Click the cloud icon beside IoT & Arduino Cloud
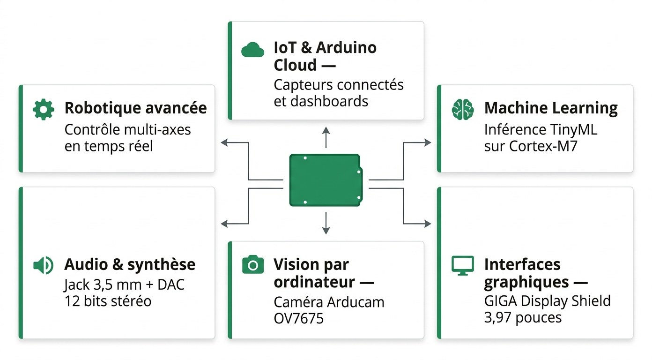coord(252,50)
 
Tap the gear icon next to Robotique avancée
coord(43,109)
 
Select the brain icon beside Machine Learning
coord(462,109)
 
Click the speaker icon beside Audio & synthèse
coord(43,265)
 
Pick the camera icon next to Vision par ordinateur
coord(252,265)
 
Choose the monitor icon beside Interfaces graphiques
coord(462,265)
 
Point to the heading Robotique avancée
coord(135,108)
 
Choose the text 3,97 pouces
coord(522,318)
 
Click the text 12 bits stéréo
coord(108,300)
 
